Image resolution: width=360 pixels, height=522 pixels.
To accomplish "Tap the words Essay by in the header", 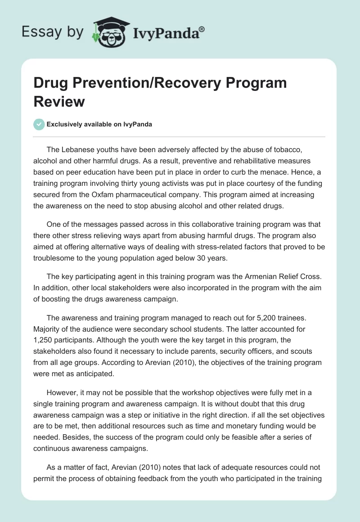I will click(51, 32).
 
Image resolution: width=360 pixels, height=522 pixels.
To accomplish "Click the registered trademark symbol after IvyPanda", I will click(202, 29).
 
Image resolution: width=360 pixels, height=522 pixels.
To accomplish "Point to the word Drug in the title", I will click(50, 83).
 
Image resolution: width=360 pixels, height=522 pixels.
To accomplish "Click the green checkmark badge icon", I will click(39, 125).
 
